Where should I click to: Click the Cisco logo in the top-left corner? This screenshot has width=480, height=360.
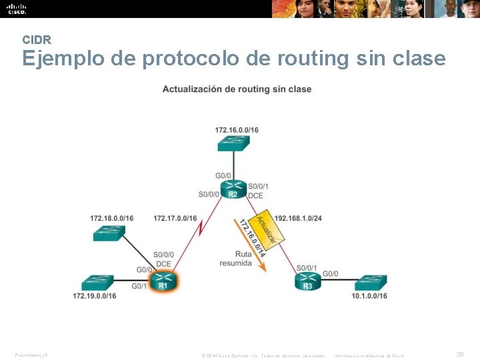coord(17,9)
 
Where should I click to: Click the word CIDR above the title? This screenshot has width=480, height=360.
coord(37,40)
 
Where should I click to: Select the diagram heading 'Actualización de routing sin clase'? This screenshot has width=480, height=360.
coord(237,89)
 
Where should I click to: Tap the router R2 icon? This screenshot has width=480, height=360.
coord(233,189)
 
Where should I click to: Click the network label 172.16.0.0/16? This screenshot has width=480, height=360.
coord(237,130)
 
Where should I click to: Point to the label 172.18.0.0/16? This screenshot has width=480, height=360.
coord(111,218)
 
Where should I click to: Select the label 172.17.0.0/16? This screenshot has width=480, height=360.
coord(175,218)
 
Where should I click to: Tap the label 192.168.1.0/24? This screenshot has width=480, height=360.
coord(298,218)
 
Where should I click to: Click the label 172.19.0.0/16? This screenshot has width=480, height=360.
coord(95,295)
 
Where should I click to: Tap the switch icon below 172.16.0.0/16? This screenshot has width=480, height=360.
coord(233,143)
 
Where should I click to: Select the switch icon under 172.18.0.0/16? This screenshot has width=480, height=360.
coord(109,233)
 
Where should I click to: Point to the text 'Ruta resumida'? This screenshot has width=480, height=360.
coord(235,258)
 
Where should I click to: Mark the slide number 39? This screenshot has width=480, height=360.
coord(459,355)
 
